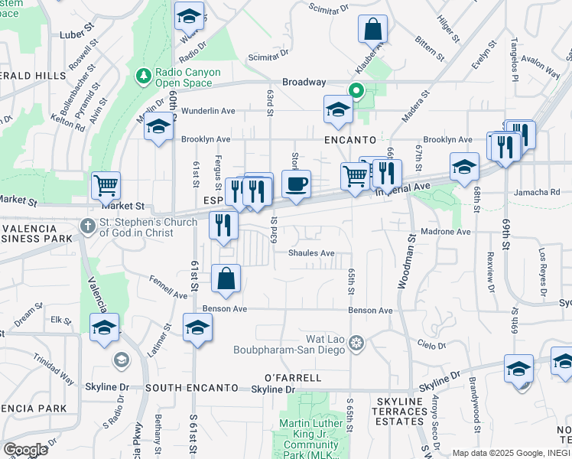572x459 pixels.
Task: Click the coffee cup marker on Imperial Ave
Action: coord(296,184)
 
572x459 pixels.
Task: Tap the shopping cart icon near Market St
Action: coord(106,185)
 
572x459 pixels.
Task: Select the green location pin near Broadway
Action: coord(356,90)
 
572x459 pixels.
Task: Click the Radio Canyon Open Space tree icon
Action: coord(142,76)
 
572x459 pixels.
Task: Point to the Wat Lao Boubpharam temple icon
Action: coord(355,344)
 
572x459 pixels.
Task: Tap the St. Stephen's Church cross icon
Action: coord(89,226)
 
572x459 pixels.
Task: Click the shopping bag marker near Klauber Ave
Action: coord(373,30)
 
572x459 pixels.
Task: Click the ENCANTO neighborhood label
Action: coord(349,141)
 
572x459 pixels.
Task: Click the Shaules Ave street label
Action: coord(311,253)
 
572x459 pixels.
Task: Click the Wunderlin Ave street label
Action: coord(208,111)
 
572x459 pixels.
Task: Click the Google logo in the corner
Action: coord(25,450)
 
